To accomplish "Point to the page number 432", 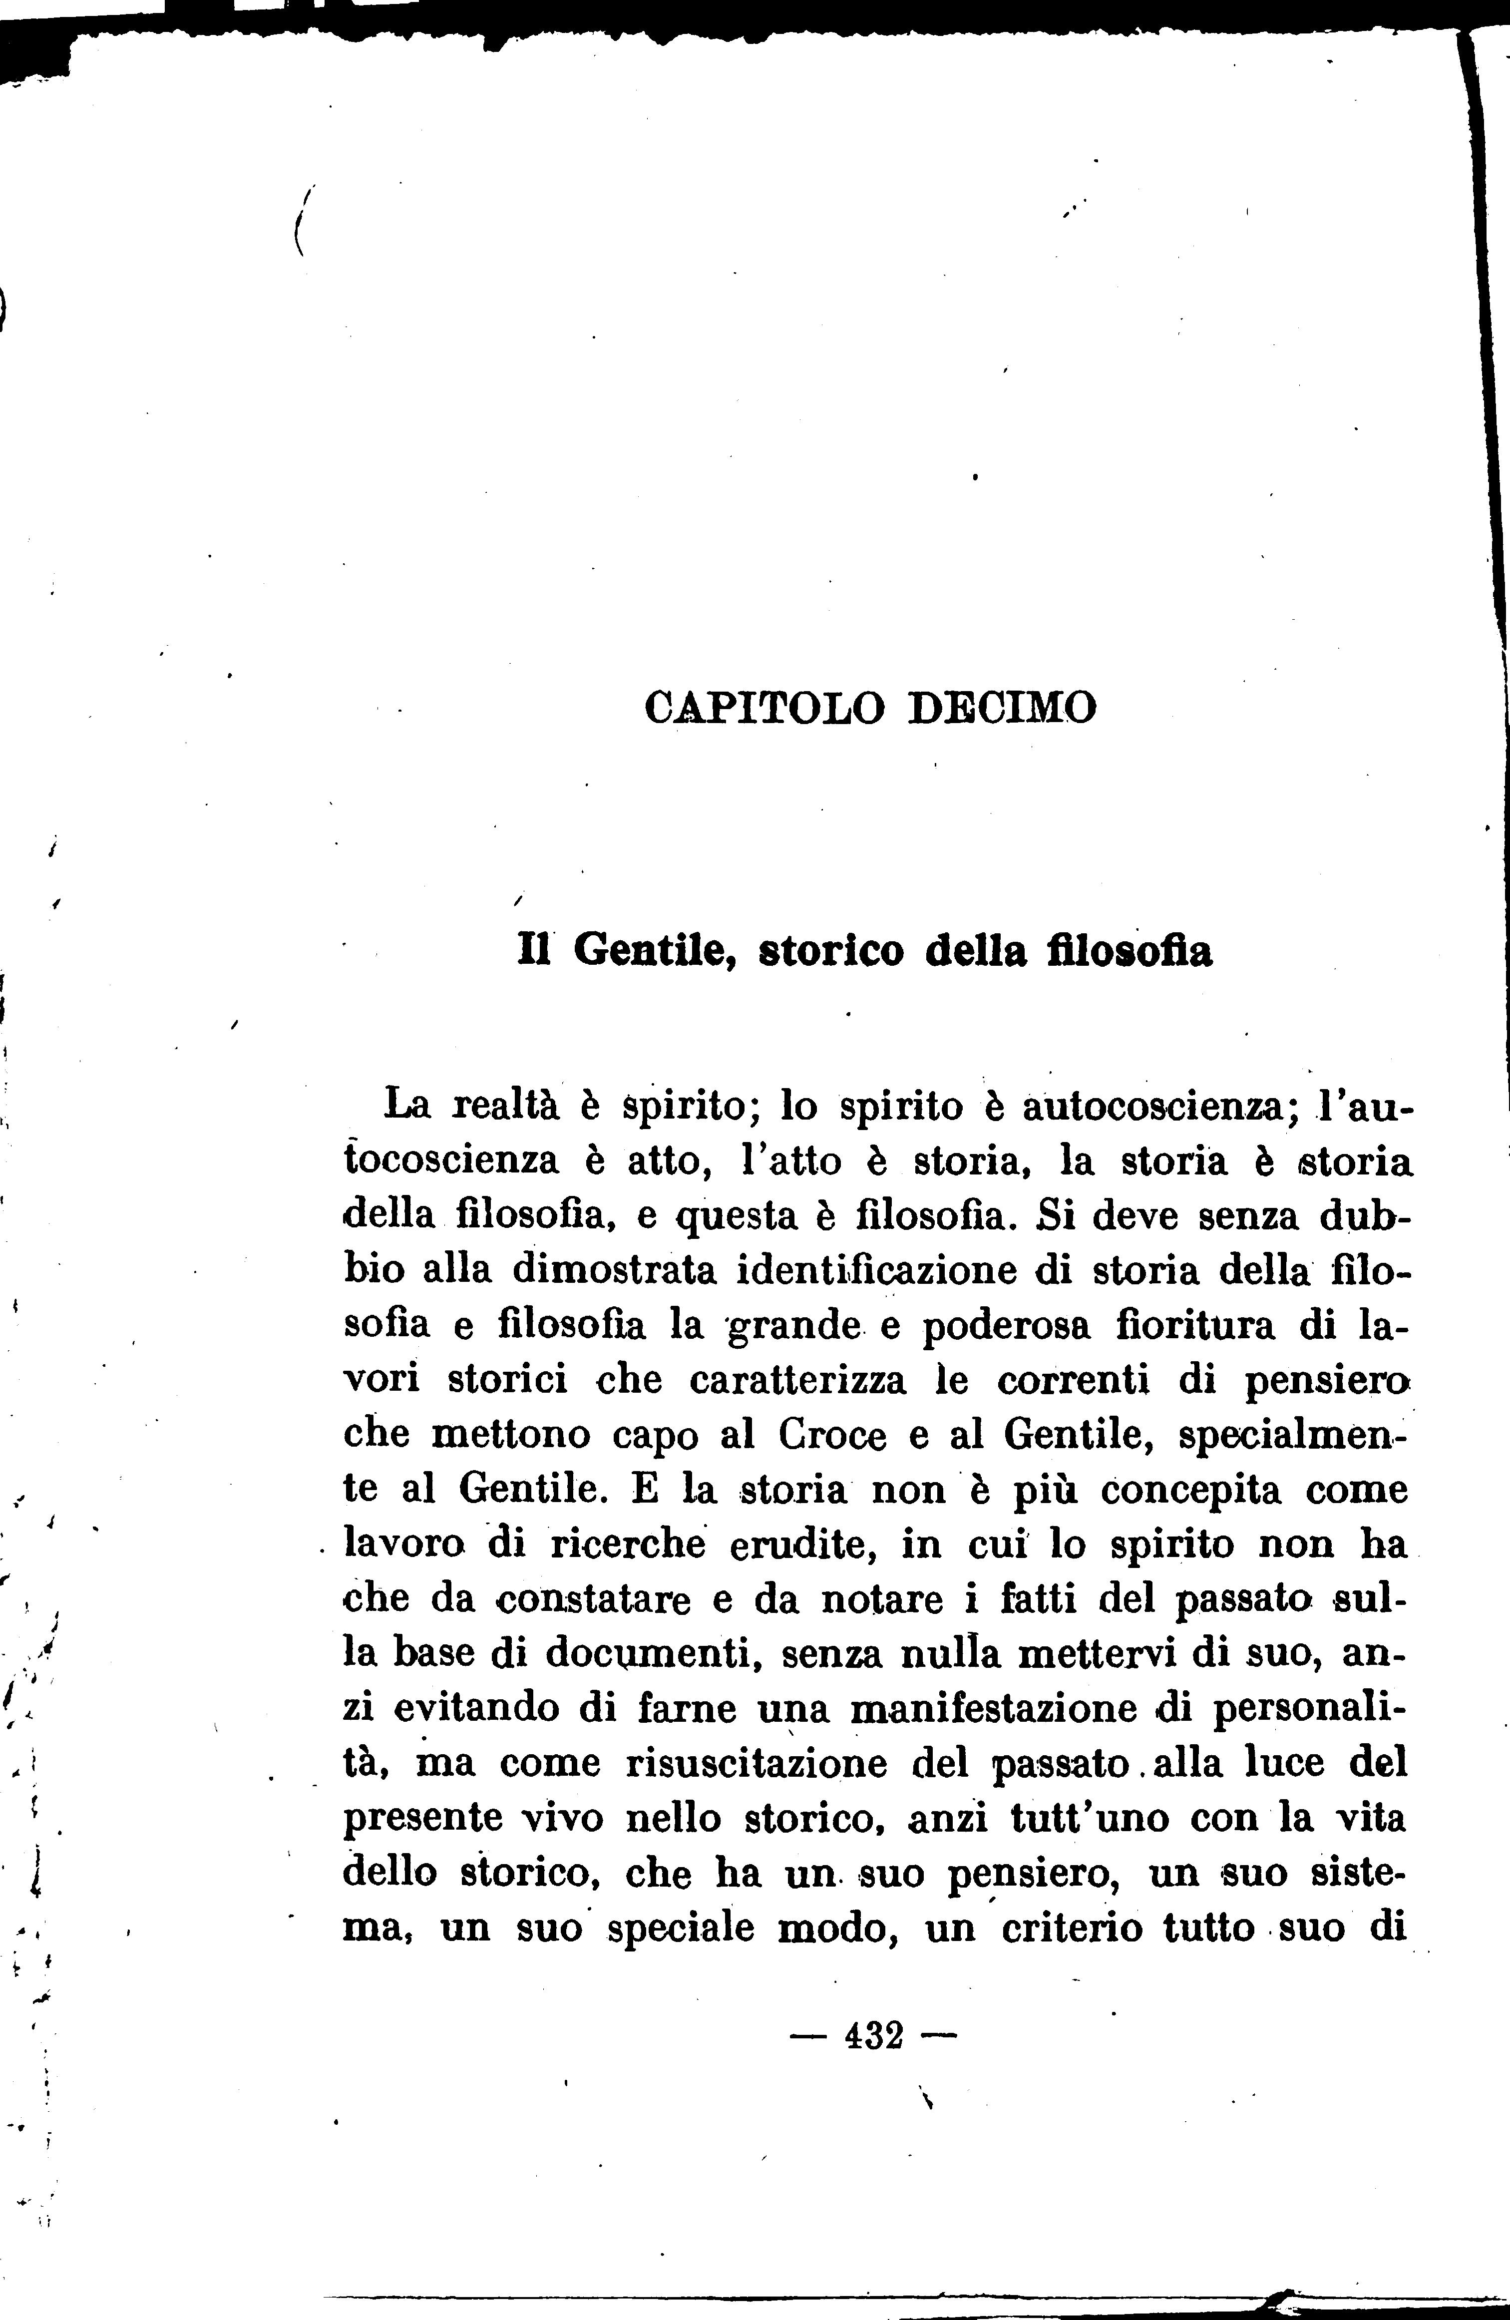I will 874,2035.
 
